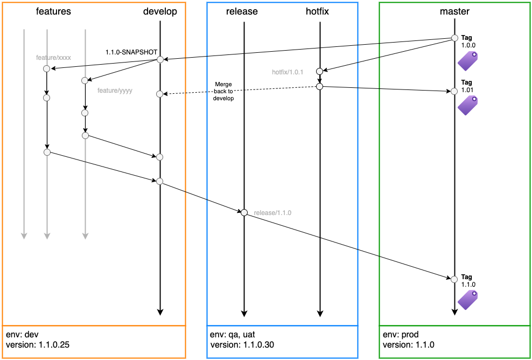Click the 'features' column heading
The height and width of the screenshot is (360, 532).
[x=53, y=11]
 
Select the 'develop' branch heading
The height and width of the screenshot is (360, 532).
[x=160, y=11]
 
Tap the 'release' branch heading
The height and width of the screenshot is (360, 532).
[x=243, y=11]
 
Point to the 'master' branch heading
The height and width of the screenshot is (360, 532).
[x=454, y=11]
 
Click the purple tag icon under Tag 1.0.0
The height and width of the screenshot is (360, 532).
[x=468, y=61]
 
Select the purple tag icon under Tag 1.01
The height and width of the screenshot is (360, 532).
[x=468, y=105]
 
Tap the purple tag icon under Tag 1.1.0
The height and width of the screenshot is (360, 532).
[x=468, y=300]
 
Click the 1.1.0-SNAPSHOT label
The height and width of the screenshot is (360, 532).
[x=131, y=52]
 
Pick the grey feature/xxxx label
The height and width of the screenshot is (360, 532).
[x=53, y=57]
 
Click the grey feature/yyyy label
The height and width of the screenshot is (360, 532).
[x=115, y=91]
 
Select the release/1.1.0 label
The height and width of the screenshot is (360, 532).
[x=272, y=213]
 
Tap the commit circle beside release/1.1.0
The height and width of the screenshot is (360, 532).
[x=244, y=213]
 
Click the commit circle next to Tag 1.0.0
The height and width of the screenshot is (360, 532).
[x=454, y=38]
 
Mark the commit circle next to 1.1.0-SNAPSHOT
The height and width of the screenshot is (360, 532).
[x=160, y=59]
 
